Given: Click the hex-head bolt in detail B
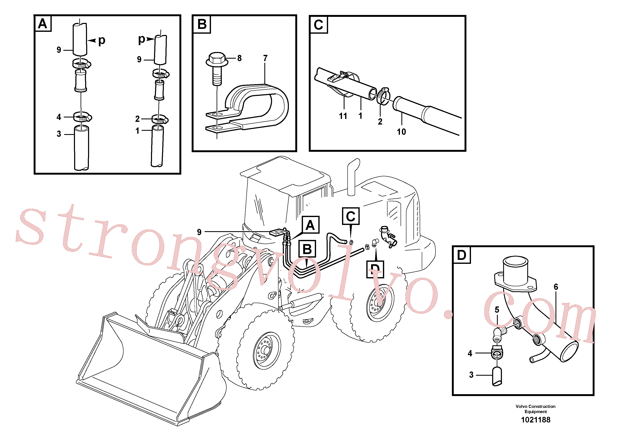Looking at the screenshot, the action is pos(217,68).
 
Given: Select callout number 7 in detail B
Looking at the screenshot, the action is pos(265,58).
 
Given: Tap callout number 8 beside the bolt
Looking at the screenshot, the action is pos(239,58).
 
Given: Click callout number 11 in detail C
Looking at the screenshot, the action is pos(343,116).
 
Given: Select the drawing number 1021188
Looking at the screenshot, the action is pos(536,420).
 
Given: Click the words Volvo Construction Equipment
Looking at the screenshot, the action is pos(535,409).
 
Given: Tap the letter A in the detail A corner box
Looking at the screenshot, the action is pos(43,24).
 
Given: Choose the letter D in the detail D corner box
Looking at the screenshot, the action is pos(461,255).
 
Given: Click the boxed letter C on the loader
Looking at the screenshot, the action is pos(351,216).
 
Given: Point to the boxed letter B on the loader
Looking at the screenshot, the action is pos(307,249).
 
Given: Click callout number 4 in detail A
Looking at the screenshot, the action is pos(59,117).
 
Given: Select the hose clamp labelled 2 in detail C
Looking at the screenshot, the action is pos(382,96).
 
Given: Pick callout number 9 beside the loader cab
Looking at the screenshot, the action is pos(199,232).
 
